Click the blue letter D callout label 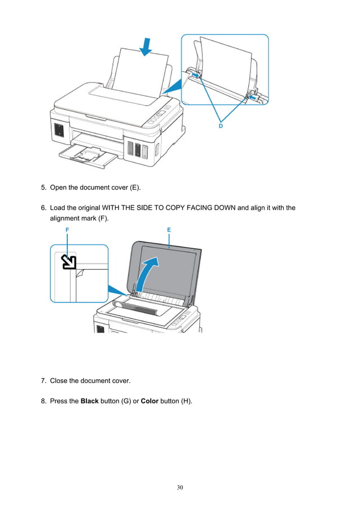pos(221,126)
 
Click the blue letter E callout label pos(169,230)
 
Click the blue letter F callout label pos(67,230)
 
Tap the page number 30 pos(180,487)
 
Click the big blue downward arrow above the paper pos(146,46)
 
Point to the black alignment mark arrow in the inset pos(68,261)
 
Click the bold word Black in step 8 pos(90,401)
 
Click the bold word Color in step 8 pos(149,401)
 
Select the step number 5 pos(43,187)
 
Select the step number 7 pos(43,381)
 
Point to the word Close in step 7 pos(60,381)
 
